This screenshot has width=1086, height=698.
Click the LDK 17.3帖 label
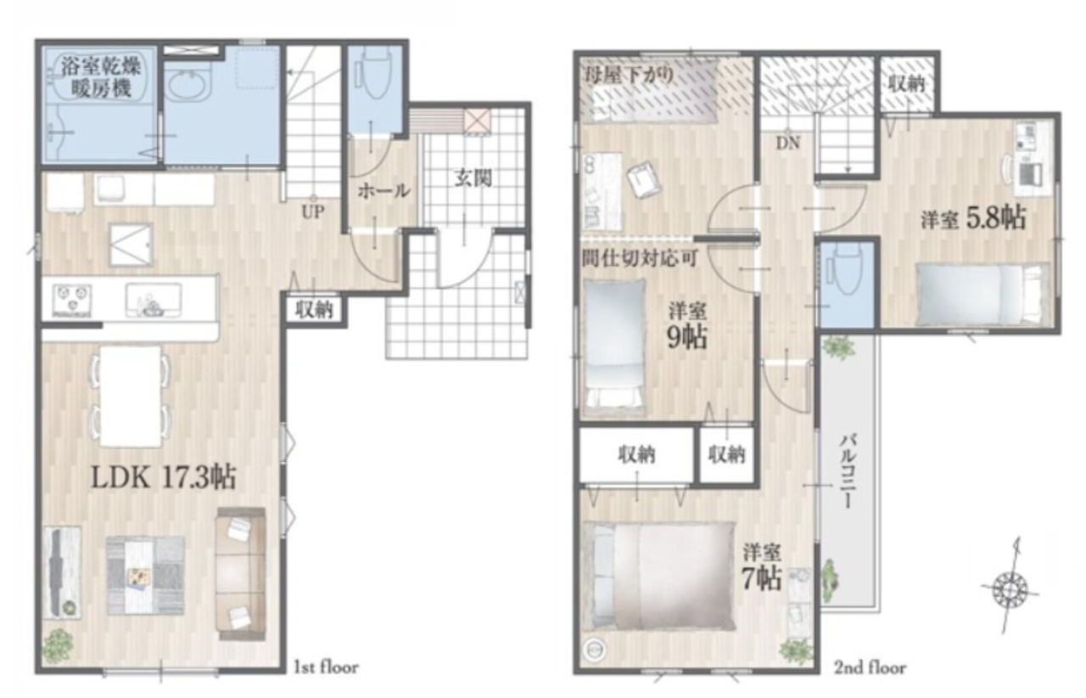[164, 477]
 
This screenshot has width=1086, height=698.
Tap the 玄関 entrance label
[473, 178]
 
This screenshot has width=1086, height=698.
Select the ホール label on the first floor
[383, 191]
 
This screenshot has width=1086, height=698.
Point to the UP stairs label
[313, 212]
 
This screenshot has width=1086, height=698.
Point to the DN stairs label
[788, 143]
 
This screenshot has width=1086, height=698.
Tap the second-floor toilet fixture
[846, 268]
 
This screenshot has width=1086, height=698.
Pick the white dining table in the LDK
[131, 396]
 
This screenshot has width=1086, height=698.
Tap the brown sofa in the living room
[240, 574]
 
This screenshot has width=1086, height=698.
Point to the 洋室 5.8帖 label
[973, 218]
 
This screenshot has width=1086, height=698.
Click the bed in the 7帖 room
[659, 576]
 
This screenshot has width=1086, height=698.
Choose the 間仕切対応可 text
[640, 258]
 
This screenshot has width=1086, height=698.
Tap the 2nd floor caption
[870, 668]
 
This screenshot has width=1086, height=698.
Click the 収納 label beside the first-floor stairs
[315, 310]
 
